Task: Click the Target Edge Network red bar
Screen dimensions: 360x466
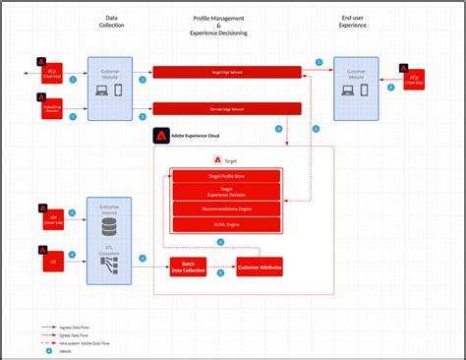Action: [226, 72]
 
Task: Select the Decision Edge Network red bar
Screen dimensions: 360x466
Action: [226, 108]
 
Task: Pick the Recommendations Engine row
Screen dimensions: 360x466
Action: [226, 210]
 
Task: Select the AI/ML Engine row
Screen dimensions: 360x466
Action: [226, 224]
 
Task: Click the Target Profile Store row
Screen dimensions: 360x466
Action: [226, 176]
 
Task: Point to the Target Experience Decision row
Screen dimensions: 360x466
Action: [226, 192]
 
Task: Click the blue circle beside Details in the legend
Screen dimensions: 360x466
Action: [46, 351]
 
